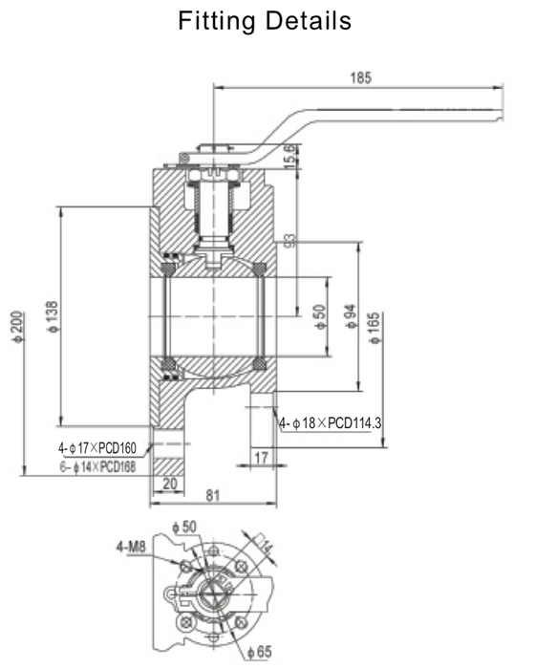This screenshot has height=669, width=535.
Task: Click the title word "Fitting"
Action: click(x=211, y=21)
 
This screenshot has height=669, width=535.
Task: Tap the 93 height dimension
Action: click(x=290, y=235)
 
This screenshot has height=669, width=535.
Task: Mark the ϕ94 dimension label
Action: click(x=351, y=316)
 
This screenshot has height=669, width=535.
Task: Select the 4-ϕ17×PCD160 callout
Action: click(x=97, y=446)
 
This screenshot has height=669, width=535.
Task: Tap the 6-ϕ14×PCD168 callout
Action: click(x=97, y=466)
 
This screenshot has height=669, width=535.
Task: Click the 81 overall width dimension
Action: click(x=212, y=496)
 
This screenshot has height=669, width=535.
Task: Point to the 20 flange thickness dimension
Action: click(x=170, y=484)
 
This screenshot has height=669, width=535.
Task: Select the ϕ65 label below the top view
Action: click(x=259, y=651)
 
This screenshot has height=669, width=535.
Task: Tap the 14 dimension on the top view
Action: click(x=267, y=547)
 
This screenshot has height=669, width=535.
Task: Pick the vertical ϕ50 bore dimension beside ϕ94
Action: click(x=319, y=316)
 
